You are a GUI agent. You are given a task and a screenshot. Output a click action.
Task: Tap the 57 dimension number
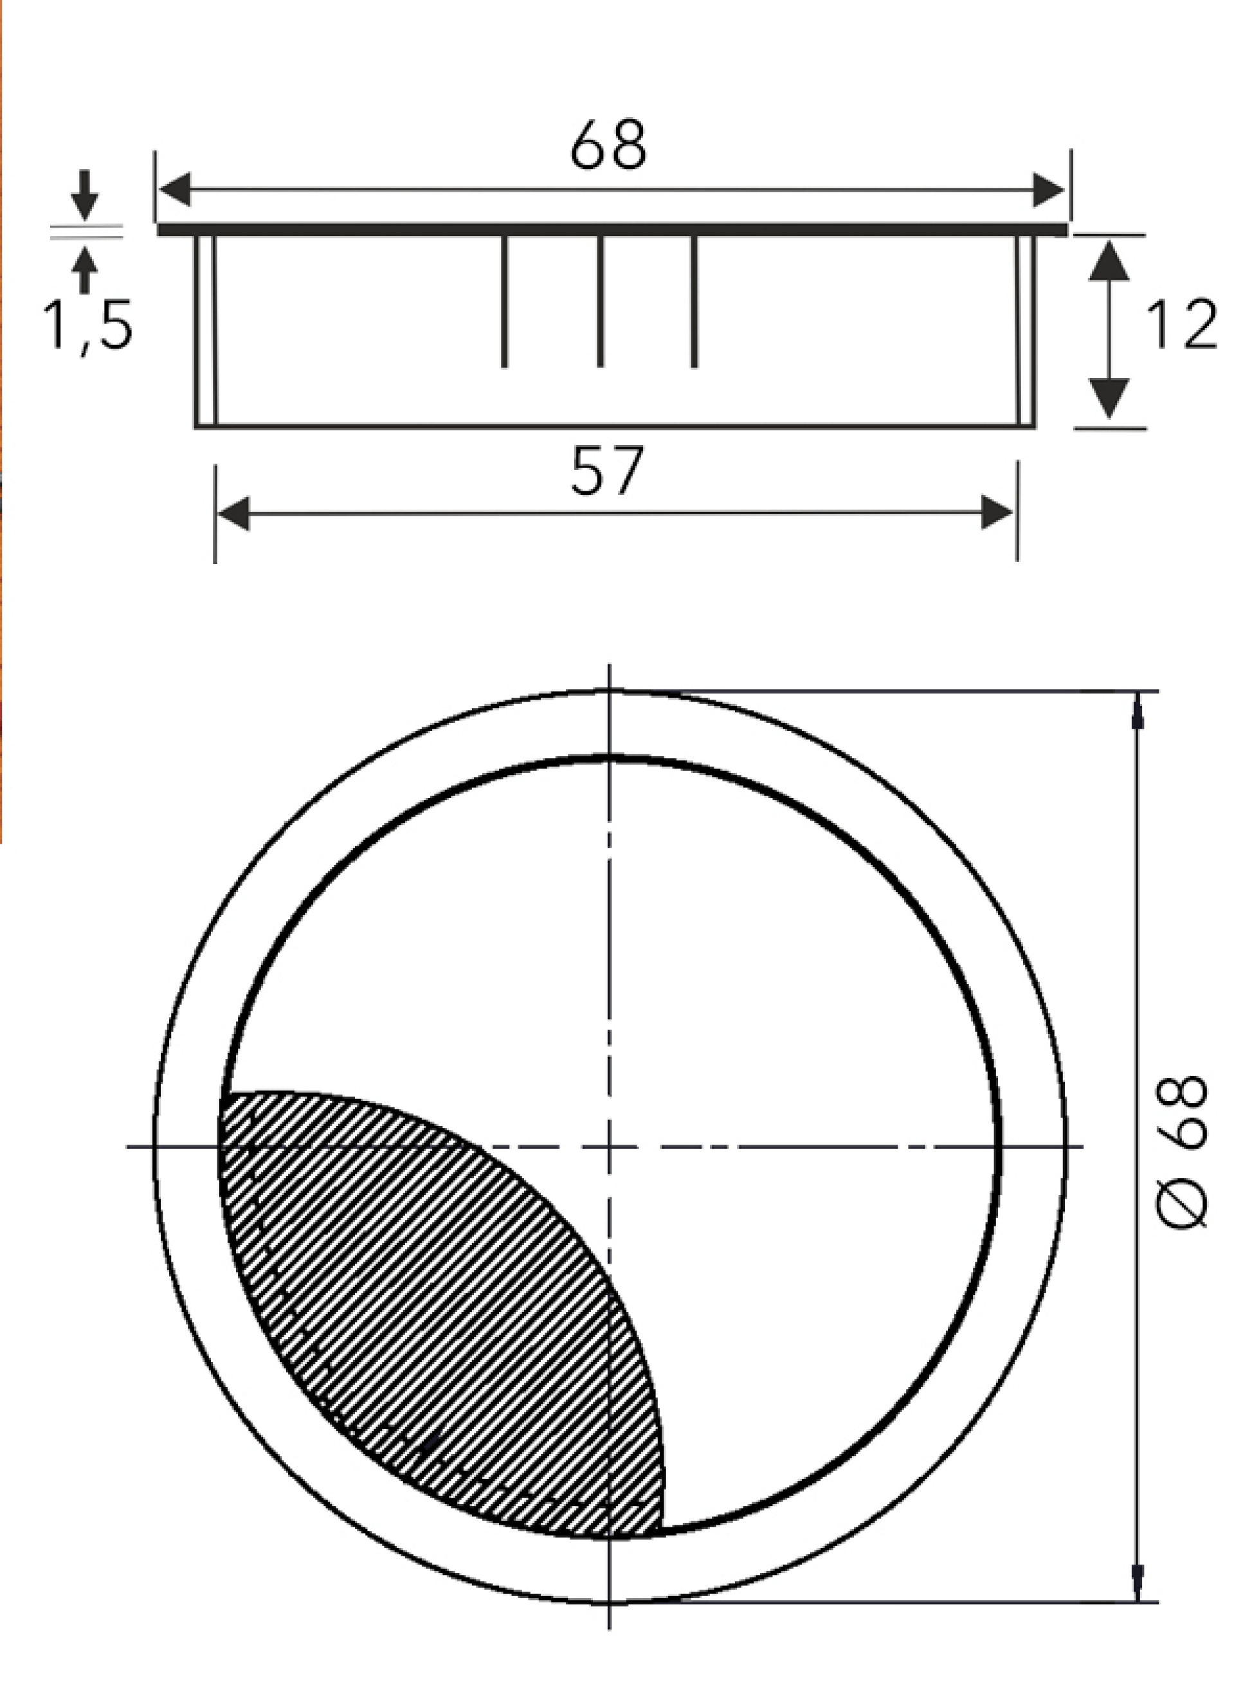606,472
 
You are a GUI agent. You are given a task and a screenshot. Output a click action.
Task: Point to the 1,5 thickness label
88,326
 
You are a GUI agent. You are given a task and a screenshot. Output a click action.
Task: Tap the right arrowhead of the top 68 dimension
1049,190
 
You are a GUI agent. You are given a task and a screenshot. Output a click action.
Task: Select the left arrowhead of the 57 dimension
233,513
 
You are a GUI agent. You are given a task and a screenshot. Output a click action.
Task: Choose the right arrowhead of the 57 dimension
998,513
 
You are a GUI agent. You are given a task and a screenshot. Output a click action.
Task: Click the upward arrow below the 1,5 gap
87,268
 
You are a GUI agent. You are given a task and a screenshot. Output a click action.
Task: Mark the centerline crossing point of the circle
610,1147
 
